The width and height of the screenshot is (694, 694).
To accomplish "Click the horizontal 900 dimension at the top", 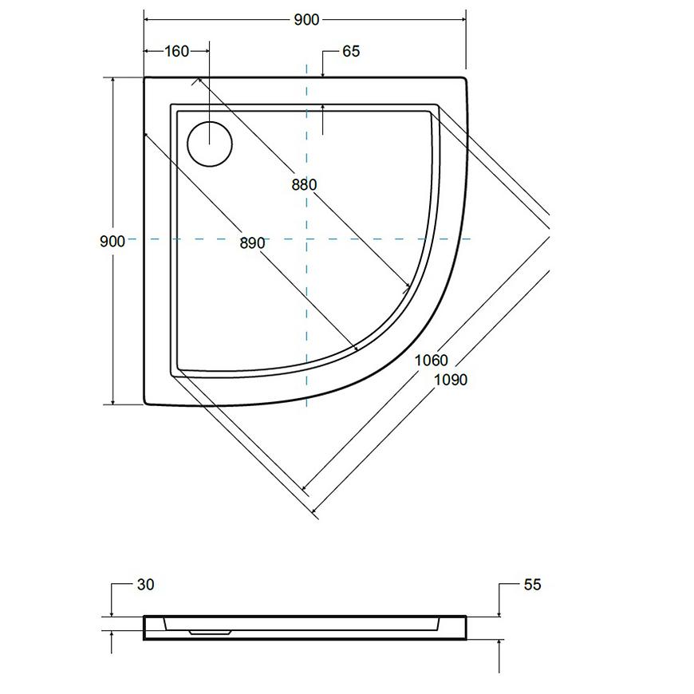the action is click(306, 19).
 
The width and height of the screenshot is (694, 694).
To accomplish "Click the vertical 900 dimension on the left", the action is click(112, 241).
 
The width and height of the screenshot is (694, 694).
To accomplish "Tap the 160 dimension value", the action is click(176, 51).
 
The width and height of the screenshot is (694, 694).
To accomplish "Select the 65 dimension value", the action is click(351, 51).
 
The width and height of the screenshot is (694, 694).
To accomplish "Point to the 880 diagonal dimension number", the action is click(304, 184).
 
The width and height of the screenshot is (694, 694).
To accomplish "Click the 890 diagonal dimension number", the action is click(252, 243).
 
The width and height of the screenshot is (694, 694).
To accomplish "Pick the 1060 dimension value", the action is click(431, 361).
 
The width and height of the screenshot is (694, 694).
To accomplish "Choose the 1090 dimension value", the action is click(451, 380).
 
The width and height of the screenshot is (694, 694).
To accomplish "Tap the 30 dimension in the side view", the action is click(146, 585).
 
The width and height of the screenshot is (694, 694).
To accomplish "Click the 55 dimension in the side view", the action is click(532, 585).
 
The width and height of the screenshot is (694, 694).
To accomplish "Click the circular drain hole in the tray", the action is click(210, 144).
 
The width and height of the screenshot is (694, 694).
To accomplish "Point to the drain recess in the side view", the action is click(211, 633).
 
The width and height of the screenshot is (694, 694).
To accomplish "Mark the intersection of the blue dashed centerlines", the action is click(307, 239).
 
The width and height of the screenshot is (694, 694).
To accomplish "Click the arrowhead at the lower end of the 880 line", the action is click(405, 288).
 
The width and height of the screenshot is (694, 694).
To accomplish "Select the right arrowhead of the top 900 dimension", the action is click(463, 19).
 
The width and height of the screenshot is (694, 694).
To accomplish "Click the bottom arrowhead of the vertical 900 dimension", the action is click(113, 401).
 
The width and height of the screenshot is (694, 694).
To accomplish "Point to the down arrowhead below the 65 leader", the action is click(323, 74).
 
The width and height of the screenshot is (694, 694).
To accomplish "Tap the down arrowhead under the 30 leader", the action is click(112, 613).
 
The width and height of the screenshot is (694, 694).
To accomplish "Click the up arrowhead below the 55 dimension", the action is click(499, 643).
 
